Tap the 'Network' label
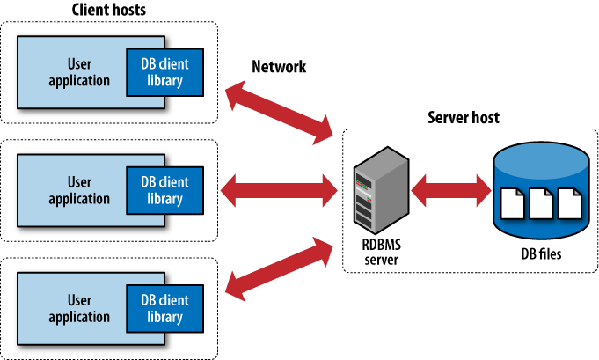point(279,67)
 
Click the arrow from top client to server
point(281,112)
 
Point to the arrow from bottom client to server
point(281,262)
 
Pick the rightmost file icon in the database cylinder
point(570,206)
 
